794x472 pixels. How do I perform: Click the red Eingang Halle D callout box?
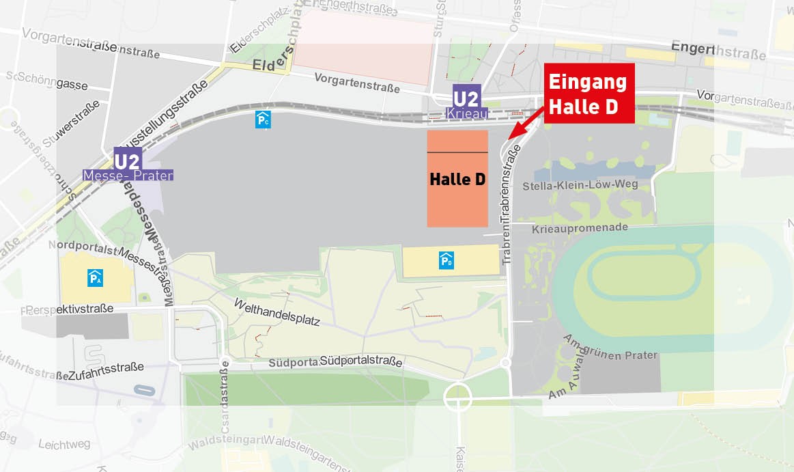pos(589,94)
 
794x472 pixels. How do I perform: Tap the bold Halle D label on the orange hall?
pos(457,180)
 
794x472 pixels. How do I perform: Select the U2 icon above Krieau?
pos(467,96)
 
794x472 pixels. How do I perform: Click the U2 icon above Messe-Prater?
pos(127,161)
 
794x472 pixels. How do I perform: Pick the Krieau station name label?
pos(467,113)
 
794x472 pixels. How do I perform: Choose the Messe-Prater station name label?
pos(128,176)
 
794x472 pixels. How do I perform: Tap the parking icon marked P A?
pos(95,277)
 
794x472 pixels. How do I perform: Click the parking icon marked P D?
pos(446,260)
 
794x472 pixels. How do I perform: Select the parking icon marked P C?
pos(262,120)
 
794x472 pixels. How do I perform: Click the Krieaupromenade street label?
pos(580,227)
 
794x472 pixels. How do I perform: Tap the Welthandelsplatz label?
pos(277,311)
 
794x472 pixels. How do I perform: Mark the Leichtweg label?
pos(64,444)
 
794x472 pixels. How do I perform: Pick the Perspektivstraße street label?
pos(68,309)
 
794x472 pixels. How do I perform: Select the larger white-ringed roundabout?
pos(457,396)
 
